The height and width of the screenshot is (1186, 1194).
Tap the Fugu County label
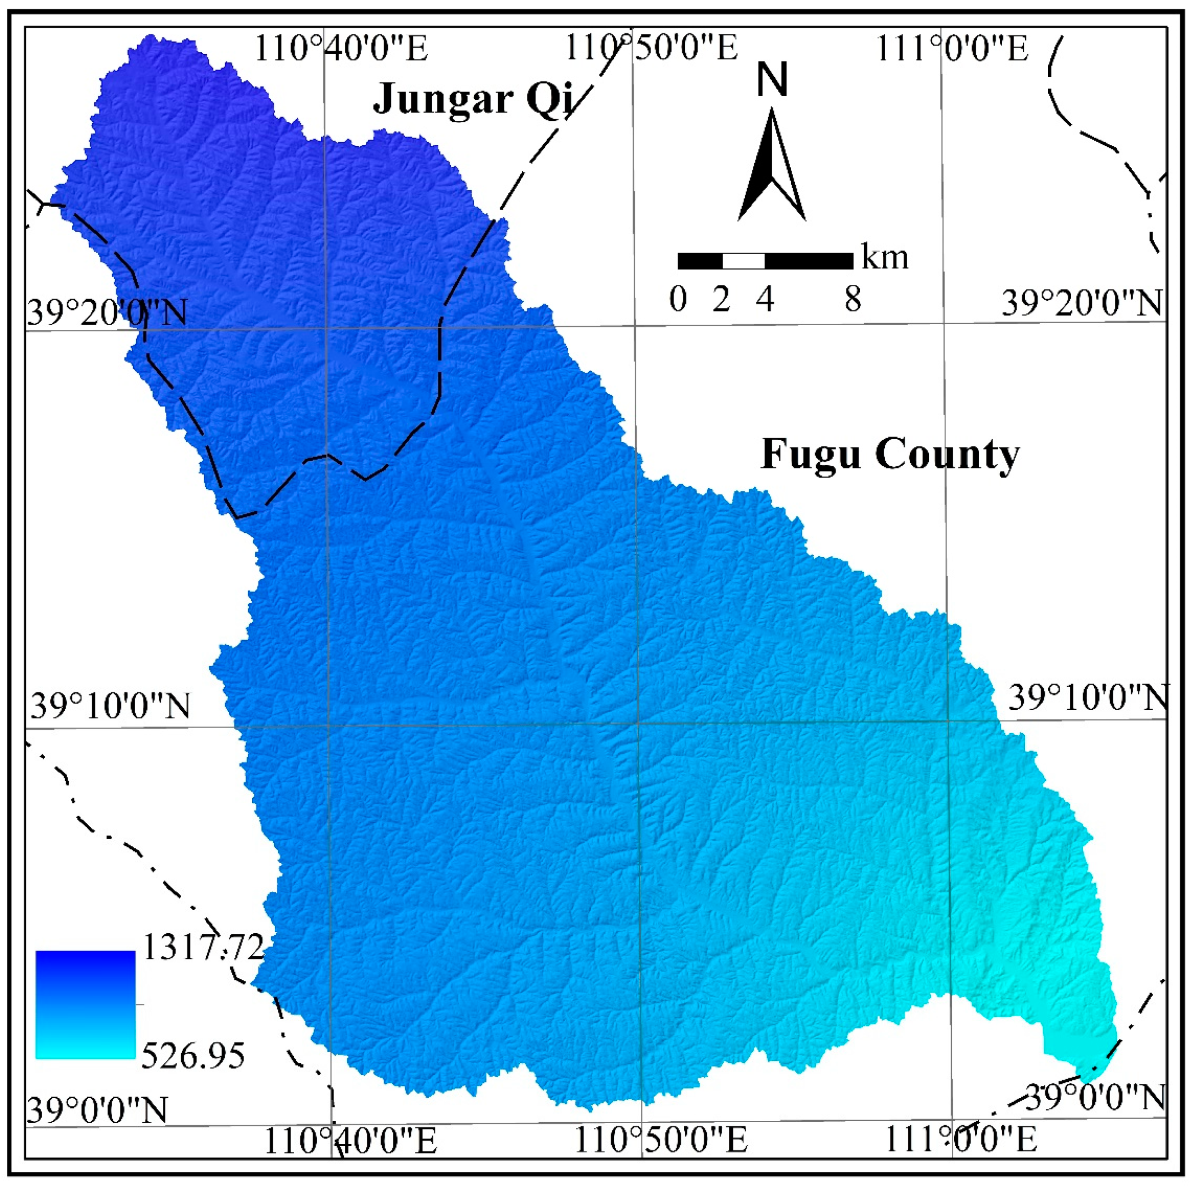click(x=890, y=455)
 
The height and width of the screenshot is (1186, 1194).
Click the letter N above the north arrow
click(x=773, y=81)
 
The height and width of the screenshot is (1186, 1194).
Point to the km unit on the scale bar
click(x=885, y=258)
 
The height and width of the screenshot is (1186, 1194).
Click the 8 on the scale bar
click(x=853, y=300)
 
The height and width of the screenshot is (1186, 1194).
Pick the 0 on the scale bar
click(x=678, y=300)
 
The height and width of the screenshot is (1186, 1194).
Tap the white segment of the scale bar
click(x=743, y=261)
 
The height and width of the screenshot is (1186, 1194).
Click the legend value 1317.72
click(x=203, y=947)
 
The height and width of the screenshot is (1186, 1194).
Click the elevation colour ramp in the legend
click(x=85, y=1004)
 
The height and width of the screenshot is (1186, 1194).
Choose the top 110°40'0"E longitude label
click(x=341, y=48)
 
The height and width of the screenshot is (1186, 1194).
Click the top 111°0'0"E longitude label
click(x=952, y=48)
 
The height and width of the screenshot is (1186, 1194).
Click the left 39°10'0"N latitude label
click(x=110, y=706)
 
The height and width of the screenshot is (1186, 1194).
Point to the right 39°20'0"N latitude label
click(x=1081, y=303)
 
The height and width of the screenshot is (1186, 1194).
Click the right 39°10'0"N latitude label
click(x=1088, y=698)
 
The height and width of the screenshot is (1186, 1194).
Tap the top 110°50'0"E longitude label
click(x=652, y=48)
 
